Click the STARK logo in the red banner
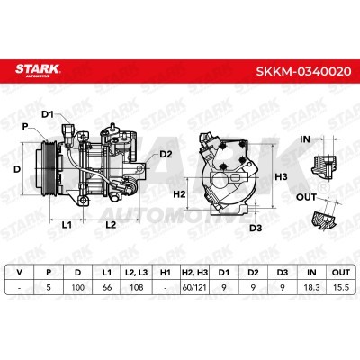point(38,71)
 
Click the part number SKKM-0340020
point(303,71)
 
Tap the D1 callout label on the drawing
point(48,114)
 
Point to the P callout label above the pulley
point(25,127)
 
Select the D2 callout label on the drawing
point(166,154)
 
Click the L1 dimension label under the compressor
point(67,224)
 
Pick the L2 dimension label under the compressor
point(111,224)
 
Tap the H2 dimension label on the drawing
point(179,194)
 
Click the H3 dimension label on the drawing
point(281,176)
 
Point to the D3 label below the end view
point(256,228)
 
